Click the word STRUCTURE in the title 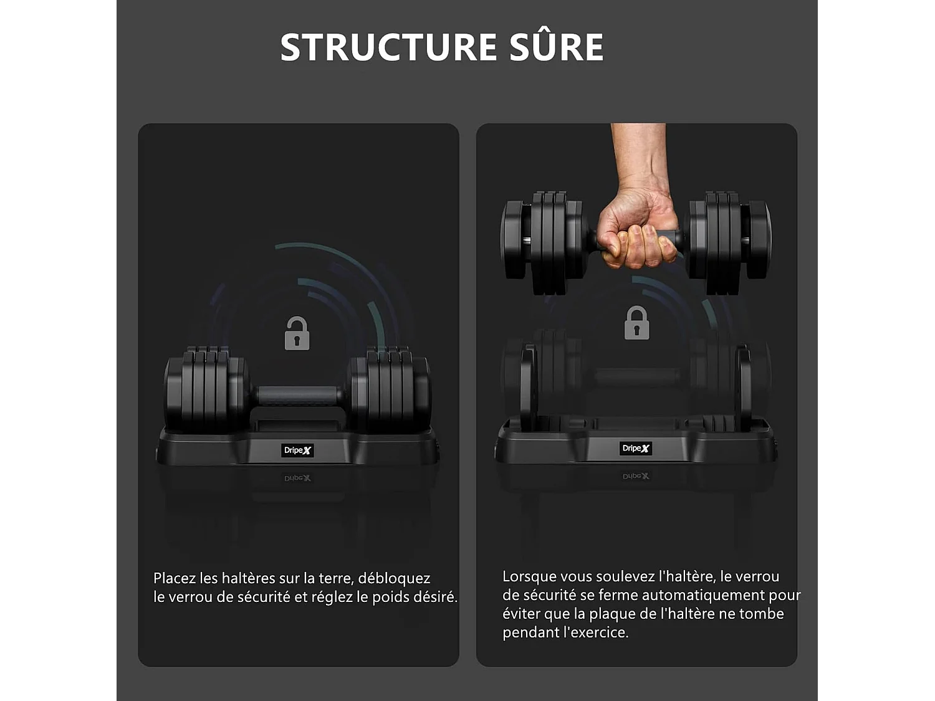point(388,47)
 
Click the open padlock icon point(297,333)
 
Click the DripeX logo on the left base point(297,450)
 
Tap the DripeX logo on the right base point(636,448)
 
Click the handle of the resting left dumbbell point(298,395)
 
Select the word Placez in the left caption point(175,578)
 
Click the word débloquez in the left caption point(394,578)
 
